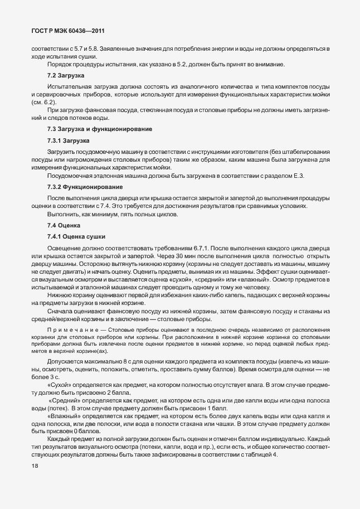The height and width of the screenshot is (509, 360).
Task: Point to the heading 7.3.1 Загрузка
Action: tap(69, 140)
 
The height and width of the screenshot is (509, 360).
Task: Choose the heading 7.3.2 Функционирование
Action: tap(85, 186)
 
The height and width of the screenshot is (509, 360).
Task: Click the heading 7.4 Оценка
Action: tap(64, 226)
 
